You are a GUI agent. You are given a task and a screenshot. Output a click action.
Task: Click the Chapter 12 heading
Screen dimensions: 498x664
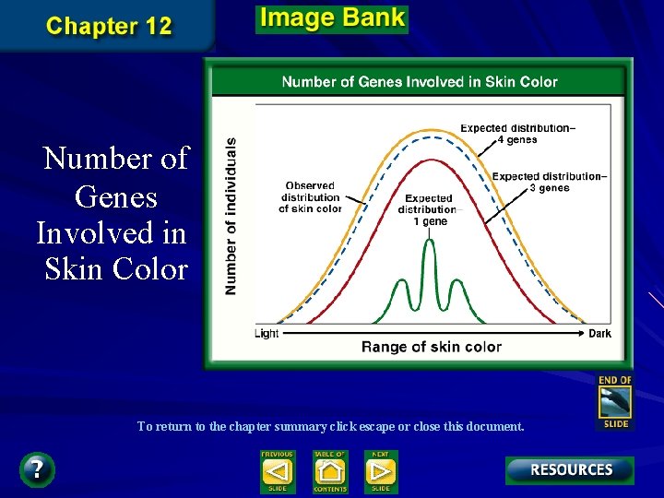click(109, 25)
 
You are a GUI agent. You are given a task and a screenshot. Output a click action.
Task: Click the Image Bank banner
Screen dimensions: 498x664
click(331, 18)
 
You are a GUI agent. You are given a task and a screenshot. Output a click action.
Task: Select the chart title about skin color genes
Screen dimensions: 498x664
click(420, 82)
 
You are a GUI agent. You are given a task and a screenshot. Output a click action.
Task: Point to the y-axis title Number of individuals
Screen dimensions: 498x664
click(231, 217)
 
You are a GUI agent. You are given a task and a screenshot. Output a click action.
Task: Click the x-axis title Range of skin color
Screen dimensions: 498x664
click(432, 347)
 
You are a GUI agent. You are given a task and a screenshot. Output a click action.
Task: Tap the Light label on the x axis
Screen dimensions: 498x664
click(267, 334)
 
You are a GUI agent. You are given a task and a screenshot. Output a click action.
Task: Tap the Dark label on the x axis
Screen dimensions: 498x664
click(599, 334)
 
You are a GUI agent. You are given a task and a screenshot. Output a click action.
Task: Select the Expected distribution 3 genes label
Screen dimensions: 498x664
click(549, 182)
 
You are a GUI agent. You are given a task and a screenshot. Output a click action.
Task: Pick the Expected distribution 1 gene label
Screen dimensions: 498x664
click(428, 209)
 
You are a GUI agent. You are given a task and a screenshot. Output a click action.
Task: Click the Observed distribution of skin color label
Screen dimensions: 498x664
click(312, 196)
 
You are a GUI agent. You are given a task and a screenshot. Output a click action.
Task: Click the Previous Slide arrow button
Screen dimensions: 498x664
click(277, 472)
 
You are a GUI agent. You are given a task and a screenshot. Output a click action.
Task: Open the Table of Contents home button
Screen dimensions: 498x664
click(329, 472)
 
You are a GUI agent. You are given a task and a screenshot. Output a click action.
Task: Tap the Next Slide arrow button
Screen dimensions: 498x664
click(380, 472)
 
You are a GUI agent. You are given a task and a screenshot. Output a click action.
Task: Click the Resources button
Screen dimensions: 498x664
click(570, 470)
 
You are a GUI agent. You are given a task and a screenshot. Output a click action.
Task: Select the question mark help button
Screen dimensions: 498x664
click(36, 469)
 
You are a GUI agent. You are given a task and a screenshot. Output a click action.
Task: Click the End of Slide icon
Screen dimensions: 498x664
click(615, 402)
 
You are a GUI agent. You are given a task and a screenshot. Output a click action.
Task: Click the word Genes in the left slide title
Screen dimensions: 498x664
click(116, 196)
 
